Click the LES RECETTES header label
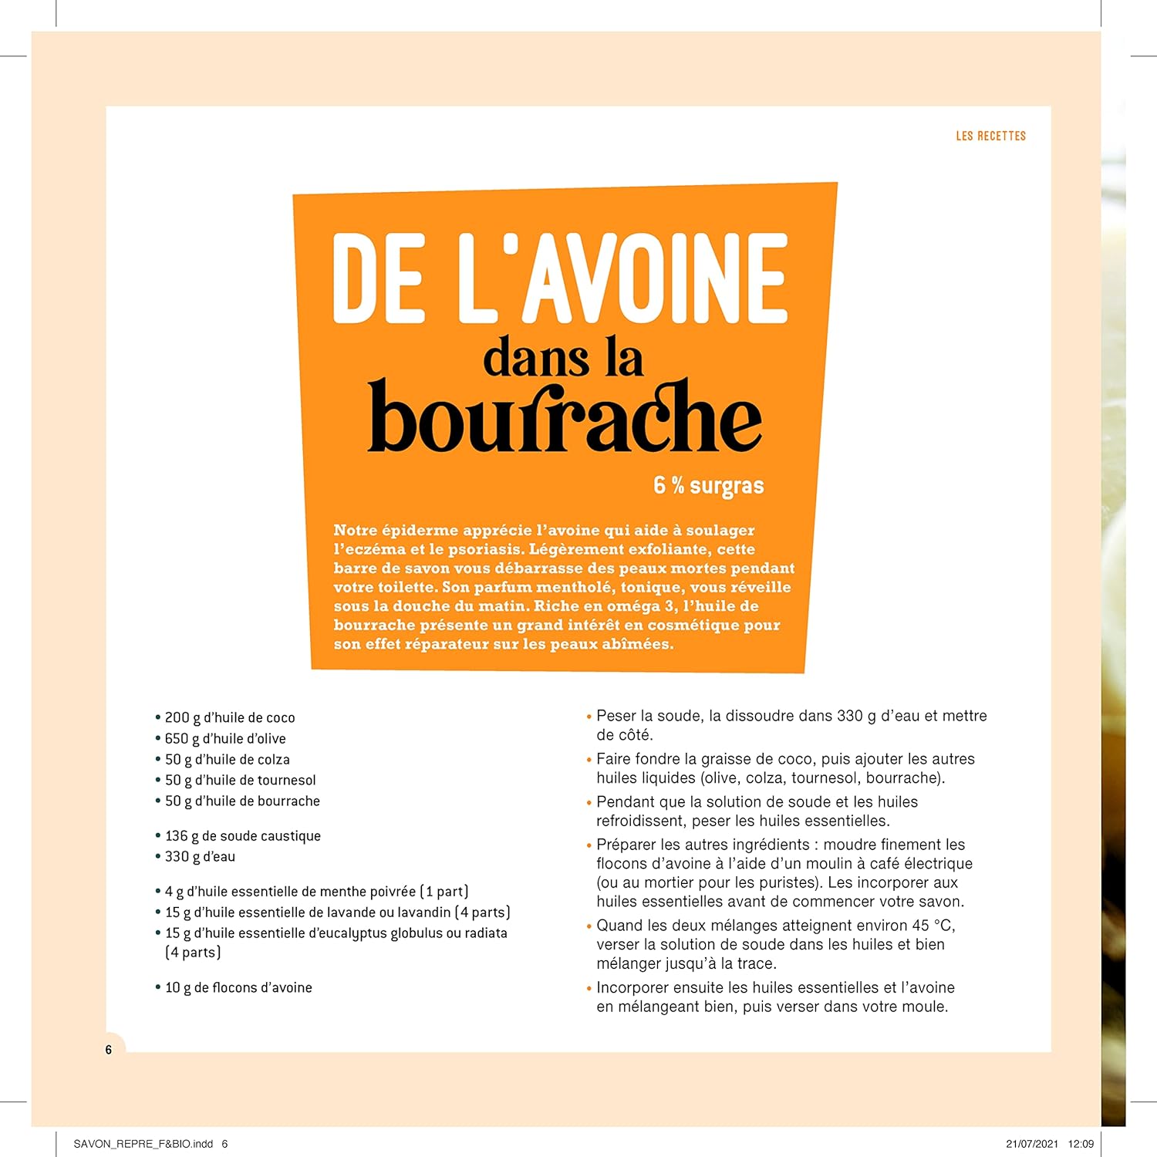990,136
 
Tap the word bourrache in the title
565,417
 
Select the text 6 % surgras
708,485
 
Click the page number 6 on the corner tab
109,1050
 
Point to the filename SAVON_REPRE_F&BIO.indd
143,1144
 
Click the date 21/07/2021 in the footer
1032,1144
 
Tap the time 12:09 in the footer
1081,1144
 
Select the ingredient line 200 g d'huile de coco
229,717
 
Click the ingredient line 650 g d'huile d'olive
224,738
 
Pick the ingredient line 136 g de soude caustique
242,835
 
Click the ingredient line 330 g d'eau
200,856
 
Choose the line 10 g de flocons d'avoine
238,987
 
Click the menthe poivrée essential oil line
316,892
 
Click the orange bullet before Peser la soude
589,717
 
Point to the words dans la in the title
563,359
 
